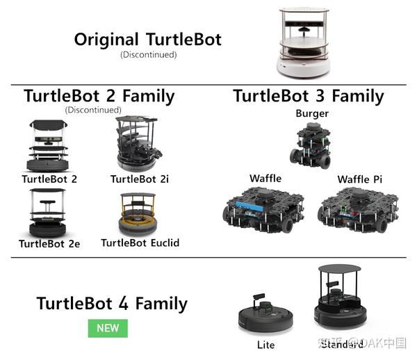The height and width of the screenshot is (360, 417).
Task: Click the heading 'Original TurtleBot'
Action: (148, 39)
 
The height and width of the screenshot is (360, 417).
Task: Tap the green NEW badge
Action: (108, 327)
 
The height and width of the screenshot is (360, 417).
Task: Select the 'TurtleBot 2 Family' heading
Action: (99, 96)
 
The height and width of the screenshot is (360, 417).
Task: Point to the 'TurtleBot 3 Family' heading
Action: (308, 96)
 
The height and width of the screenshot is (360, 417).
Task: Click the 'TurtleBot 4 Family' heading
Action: (112, 304)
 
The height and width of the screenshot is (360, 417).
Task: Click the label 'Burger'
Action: (311, 113)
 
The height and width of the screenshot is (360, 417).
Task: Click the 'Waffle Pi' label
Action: (359, 179)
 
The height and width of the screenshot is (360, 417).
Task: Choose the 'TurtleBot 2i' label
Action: (140, 179)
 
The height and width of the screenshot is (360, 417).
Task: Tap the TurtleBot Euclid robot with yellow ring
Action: (140, 215)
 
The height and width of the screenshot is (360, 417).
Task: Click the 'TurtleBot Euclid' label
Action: (140, 243)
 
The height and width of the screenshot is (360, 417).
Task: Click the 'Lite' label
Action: (265, 345)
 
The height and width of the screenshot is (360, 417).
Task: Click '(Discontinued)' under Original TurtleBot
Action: (148, 54)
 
